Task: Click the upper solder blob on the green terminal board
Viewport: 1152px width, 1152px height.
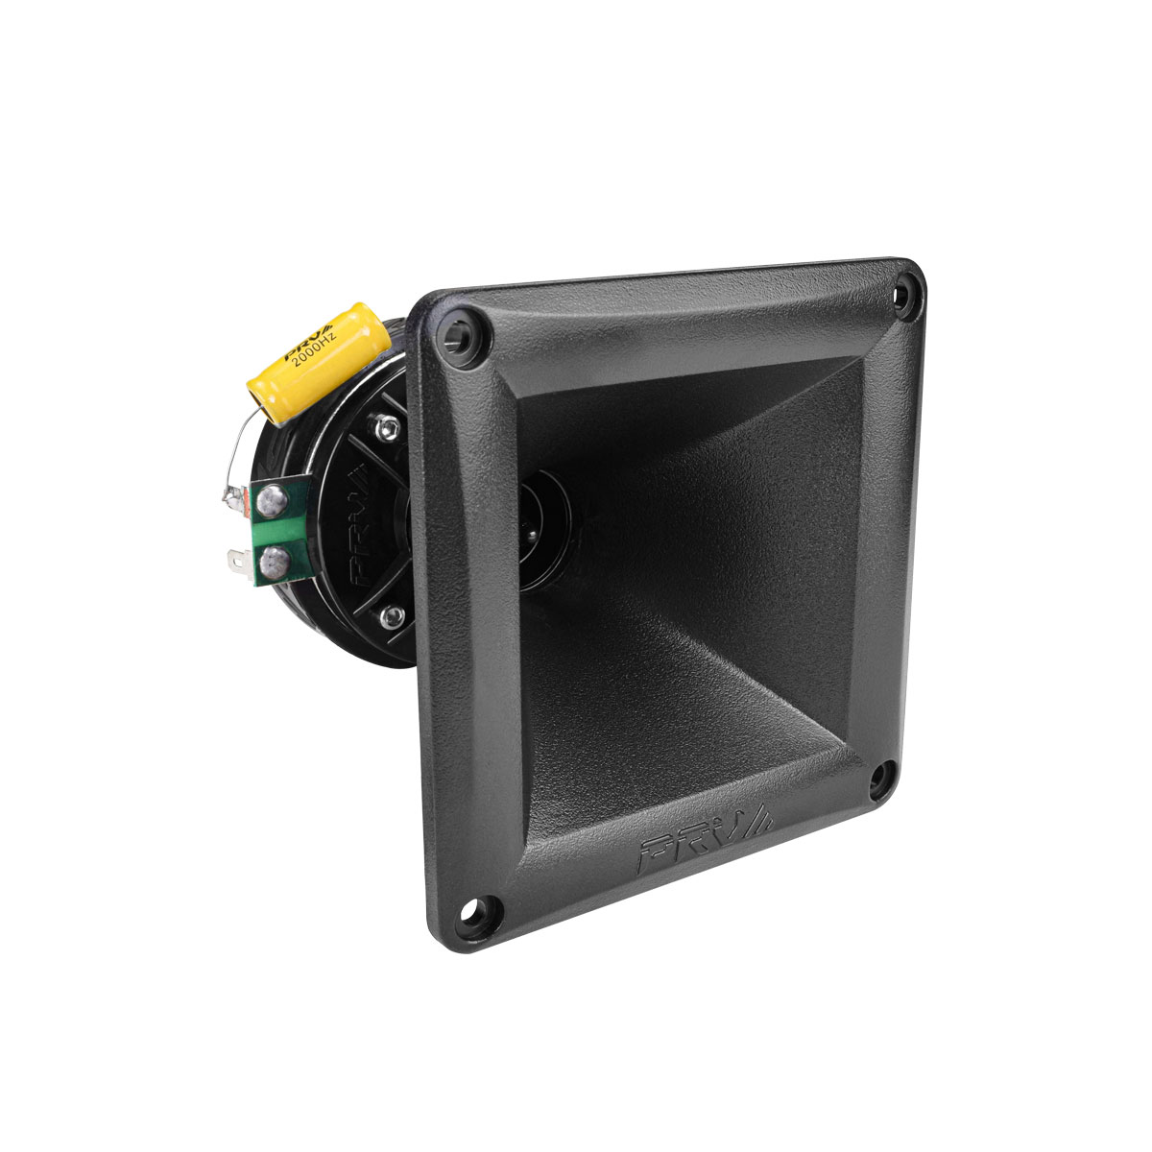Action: pyautogui.click(x=274, y=497)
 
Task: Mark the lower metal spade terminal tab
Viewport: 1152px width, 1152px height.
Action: pyautogui.click(x=236, y=557)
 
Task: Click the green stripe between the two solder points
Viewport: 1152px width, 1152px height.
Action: pyautogui.click(x=270, y=528)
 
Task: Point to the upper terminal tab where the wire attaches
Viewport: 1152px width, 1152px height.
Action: pyautogui.click(x=234, y=497)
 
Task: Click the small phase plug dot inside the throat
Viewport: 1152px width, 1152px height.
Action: pyautogui.click(x=529, y=523)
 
